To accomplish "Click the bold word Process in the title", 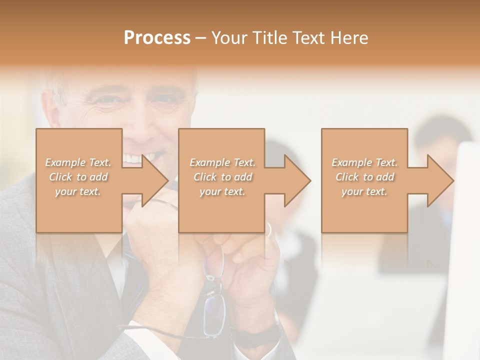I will pyautogui.click(x=157, y=38).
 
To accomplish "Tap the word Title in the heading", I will pyautogui.click(x=269, y=38).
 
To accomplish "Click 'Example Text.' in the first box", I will pyautogui.click(x=78, y=162).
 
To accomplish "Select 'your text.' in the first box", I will pyautogui.click(x=78, y=191).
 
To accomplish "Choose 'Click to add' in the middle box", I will pyautogui.click(x=222, y=177).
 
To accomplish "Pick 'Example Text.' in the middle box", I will pyautogui.click(x=222, y=162).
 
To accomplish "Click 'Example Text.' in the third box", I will pyautogui.click(x=364, y=162).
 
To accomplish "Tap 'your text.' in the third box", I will pyautogui.click(x=364, y=191).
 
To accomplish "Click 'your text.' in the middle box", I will pyautogui.click(x=222, y=191).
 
